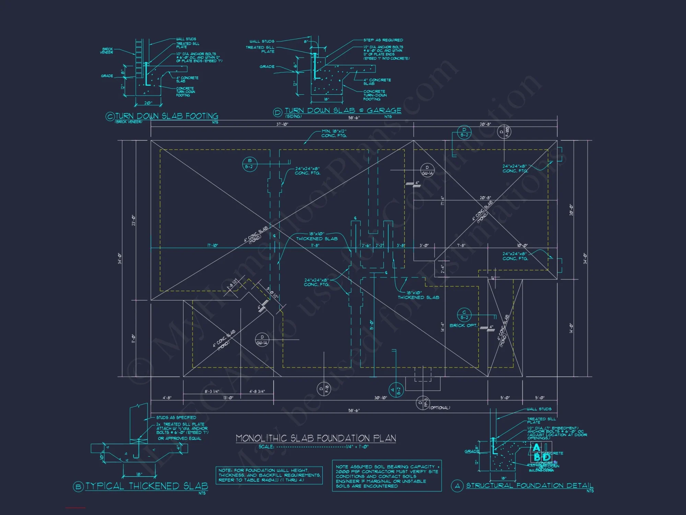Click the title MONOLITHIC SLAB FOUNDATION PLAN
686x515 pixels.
(x=316, y=438)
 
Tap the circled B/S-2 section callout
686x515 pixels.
(x=249, y=164)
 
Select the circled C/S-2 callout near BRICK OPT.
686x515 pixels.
(x=464, y=315)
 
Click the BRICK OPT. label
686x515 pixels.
(x=463, y=325)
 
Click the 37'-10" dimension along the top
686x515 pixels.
(x=282, y=124)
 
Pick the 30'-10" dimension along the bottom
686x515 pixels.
(x=380, y=398)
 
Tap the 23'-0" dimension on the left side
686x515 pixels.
(x=133, y=220)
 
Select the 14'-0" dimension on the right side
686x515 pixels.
(x=571, y=328)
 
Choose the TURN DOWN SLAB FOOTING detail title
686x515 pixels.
(x=166, y=116)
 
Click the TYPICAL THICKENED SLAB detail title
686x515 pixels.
(x=146, y=486)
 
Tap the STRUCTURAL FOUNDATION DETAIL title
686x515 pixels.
(x=529, y=485)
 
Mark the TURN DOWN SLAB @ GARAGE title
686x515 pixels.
(x=343, y=111)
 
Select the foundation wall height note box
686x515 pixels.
(x=269, y=475)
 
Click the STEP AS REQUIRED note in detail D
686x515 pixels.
(x=383, y=40)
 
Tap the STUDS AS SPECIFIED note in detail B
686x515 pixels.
(x=176, y=417)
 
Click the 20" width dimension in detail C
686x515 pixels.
(x=148, y=103)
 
